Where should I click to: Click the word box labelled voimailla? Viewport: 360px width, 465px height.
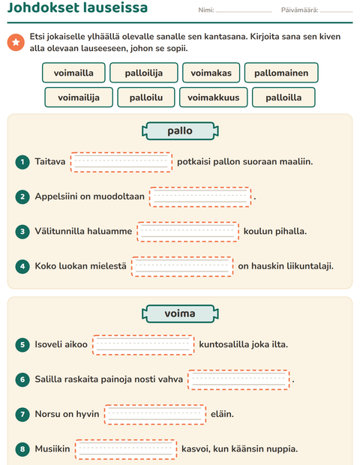(73, 73)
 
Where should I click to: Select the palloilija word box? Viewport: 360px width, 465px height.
(144, 73)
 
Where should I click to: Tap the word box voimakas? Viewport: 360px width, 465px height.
(211, 73)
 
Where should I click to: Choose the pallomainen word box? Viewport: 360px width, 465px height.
(281, 73)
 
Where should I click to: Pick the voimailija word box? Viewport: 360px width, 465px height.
(79, 97)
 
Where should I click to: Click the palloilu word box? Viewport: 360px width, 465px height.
(146, 97)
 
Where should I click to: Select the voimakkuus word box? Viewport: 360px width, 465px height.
(213, 97)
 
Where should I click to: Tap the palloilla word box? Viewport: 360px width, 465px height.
(283, 97)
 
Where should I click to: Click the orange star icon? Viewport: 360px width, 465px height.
(16, 42)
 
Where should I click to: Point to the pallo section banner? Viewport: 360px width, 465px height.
(180, 130)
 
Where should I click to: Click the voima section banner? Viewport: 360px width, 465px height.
(180, 313)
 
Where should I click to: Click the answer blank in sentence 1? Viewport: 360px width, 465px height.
(121, 162)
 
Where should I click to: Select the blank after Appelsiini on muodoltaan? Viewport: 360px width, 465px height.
(200, 196)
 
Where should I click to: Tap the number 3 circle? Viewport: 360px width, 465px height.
(22, 231)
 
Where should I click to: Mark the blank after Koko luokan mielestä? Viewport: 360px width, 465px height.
(182, 266)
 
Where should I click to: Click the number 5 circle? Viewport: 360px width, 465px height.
(22, 344)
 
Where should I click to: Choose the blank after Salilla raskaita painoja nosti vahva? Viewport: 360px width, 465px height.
(238, 379)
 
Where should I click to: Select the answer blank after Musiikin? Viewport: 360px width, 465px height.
(126, 449)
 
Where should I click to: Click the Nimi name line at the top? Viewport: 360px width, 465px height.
(244, 12)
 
